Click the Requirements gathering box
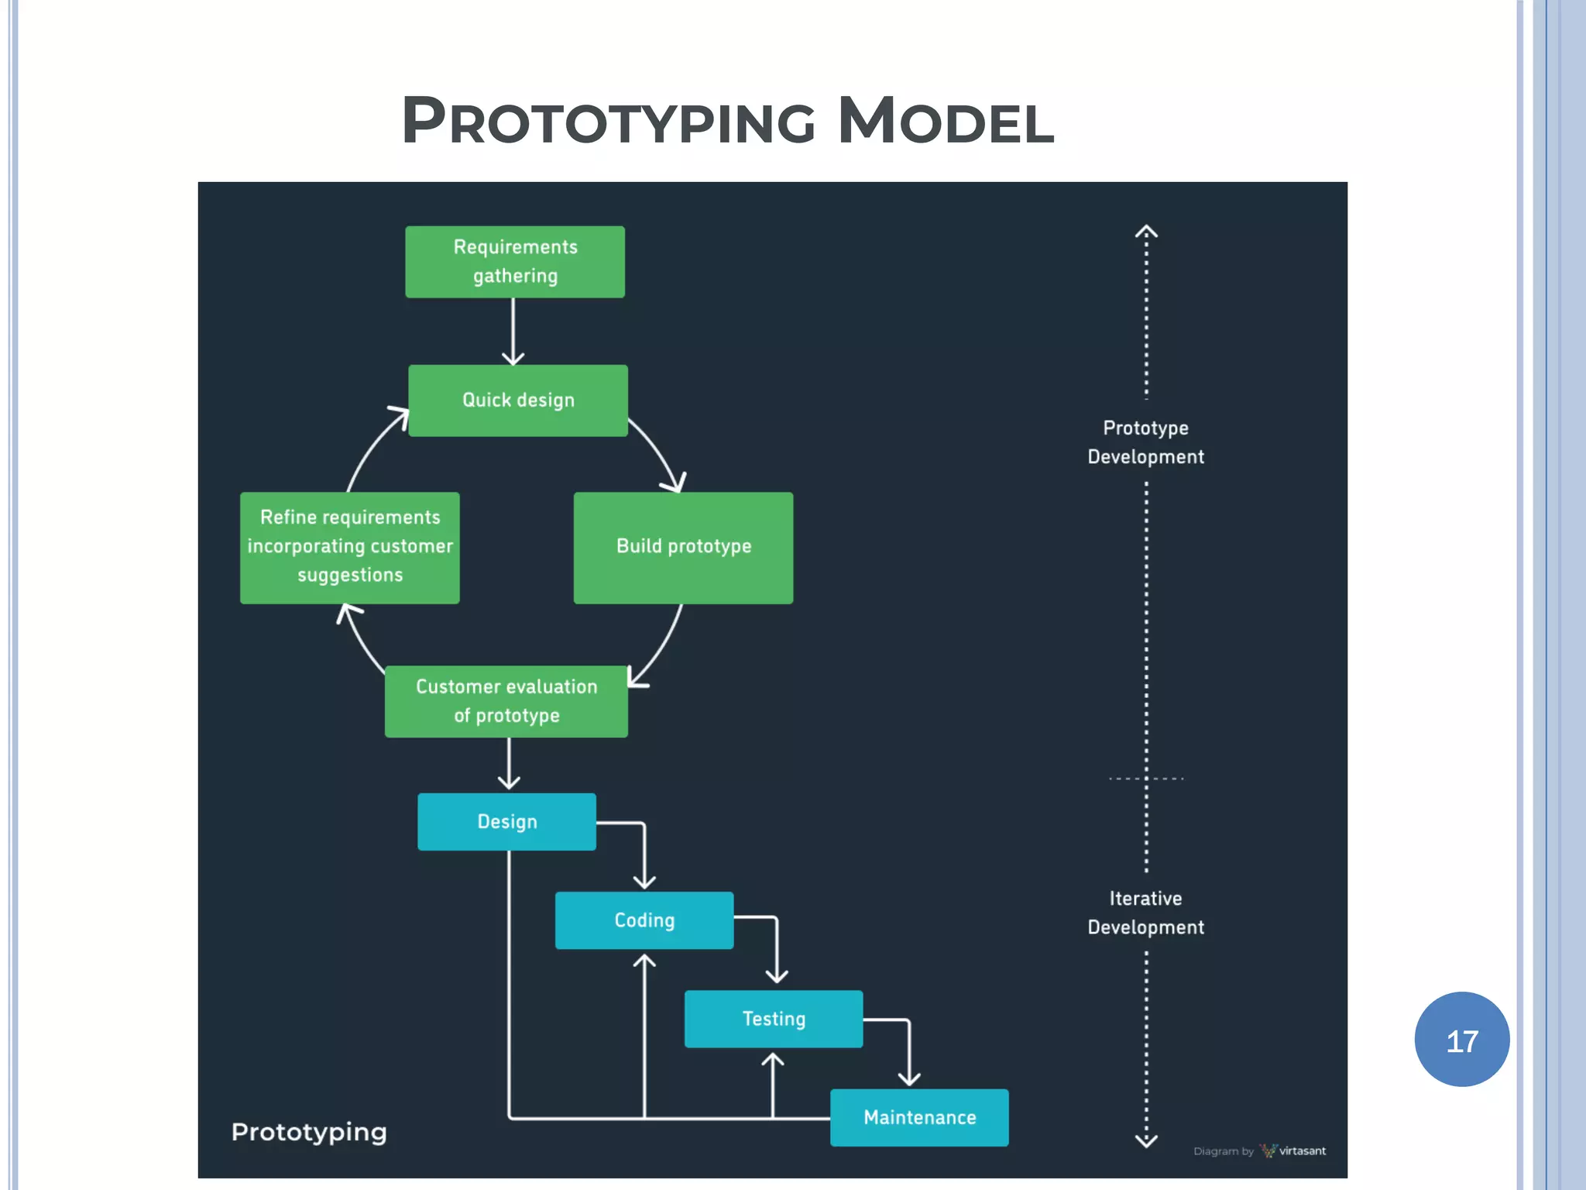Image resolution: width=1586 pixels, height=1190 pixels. click(x=515, y=262)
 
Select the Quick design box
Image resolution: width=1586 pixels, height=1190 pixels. click(x=518, y=401)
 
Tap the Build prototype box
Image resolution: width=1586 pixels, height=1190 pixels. click(x=683, y=547)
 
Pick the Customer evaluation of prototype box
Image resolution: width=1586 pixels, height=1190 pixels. click(x=506, y=701)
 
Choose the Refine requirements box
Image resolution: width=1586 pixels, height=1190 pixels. click(x=350, y=547)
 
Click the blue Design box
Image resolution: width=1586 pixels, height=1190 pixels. click(x=506, y=822)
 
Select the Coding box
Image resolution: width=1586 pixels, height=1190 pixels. click(x=644, y=920)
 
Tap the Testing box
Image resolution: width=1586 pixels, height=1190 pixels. click(x=774, y=1019)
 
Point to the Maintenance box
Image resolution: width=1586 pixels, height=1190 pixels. click(x=919, y=1117)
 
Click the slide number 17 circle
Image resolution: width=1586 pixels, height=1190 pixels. click(x=1461, y=1040)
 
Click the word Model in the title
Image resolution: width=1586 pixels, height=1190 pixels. click(x=946, y=122)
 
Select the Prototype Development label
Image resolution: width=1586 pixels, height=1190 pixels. click(x=1145, y=442)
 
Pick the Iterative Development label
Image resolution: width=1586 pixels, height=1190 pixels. click(x=1145, y=913)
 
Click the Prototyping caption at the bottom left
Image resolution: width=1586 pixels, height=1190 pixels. click(x=309, y=1133)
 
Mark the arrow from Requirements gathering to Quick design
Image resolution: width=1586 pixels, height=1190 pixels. click(x=513, y=332)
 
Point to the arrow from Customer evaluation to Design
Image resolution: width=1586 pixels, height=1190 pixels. click(x=509, y=764)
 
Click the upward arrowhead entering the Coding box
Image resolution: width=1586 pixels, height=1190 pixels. click(x=644, y=961)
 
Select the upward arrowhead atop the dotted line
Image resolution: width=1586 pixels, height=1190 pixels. click(x=1146, y=231)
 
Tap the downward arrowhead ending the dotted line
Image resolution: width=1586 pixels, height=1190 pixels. click(x=1146, y=1140)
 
